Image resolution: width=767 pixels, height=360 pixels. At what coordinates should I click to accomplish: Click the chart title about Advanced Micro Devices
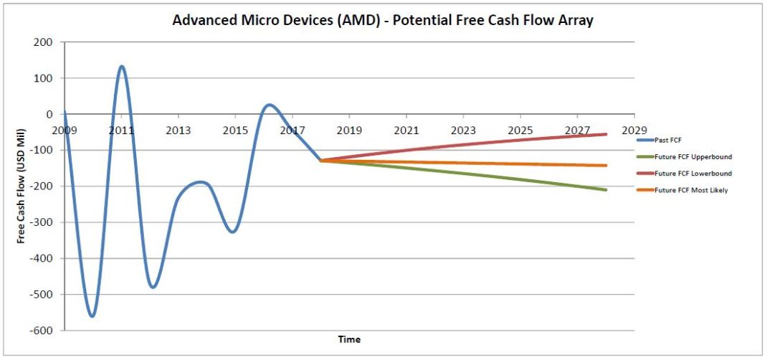point(383,20)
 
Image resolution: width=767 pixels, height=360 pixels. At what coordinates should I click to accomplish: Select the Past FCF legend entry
point(669,141)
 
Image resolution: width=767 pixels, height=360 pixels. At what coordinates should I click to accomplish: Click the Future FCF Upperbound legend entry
point(692,157)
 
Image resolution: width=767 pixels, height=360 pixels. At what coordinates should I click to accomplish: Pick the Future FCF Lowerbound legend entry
point(692,174)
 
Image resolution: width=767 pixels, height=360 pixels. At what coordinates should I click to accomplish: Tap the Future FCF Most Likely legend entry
point(691,190)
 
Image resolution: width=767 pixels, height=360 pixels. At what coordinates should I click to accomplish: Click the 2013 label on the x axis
point(178,131)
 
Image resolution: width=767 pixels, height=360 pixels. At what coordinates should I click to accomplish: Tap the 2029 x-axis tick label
point(634,131)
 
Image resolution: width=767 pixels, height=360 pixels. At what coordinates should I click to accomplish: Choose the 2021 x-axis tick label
point(406,131)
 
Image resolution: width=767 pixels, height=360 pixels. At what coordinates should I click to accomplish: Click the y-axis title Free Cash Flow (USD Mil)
point(22,186)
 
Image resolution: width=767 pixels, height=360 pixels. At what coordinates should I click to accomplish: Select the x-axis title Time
point(350,339)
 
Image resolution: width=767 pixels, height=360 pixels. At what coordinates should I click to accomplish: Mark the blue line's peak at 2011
point(122,66)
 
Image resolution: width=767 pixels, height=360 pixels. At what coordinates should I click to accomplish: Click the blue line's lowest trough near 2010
point(92,316)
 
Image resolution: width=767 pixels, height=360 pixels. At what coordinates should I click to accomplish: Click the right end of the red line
point(606,134)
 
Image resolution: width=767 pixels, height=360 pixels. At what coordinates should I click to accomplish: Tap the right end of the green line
point(606,190)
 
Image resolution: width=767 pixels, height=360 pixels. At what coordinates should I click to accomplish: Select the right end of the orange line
point(606,166)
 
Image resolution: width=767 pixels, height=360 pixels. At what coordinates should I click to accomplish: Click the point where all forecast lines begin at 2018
point(320,161)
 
